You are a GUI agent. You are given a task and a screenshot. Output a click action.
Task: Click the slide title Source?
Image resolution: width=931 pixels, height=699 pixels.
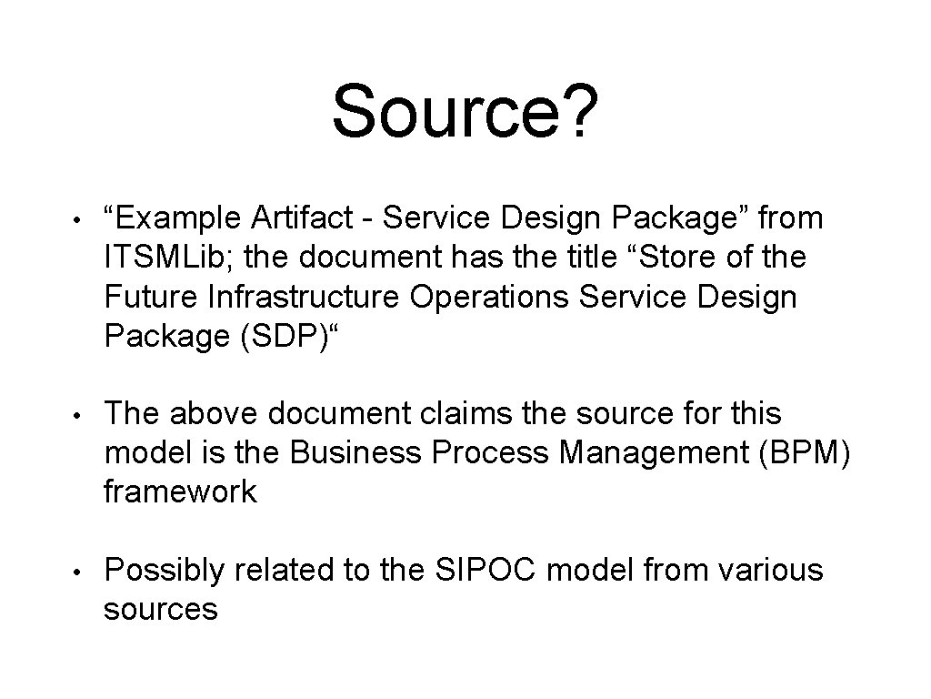465,112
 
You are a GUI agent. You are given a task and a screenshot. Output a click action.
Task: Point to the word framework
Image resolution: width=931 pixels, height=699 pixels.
180,492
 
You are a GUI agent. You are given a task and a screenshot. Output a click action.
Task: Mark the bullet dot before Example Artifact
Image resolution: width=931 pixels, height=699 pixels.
80,219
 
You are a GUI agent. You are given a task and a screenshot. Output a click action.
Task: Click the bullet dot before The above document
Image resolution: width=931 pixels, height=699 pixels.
80,415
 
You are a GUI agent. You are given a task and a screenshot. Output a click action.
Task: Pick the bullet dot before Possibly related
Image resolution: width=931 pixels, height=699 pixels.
80,572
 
